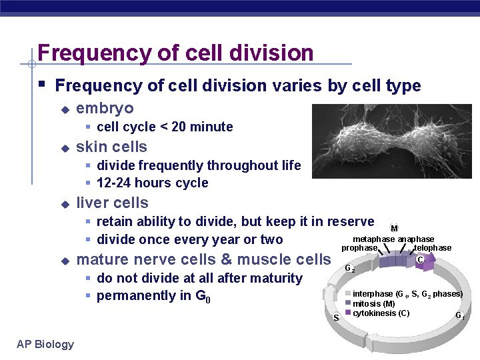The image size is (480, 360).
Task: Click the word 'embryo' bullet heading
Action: click(x=105, y=108)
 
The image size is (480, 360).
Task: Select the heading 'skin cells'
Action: click(x=111, y=147)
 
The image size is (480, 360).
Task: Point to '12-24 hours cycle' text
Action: click(x=152, y=183)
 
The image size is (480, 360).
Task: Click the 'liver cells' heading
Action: click(x=112, y=203)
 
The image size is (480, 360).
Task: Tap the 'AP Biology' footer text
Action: click(x=45, y=344)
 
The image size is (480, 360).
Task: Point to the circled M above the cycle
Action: click(x=394, y=229)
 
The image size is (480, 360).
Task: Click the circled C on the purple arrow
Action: click(x=421, y=259)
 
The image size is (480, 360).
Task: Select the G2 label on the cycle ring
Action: click(x=349, y=269)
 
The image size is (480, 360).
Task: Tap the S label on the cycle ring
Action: click(x=336, y=317)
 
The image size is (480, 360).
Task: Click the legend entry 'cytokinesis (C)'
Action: click(x=381, y=313)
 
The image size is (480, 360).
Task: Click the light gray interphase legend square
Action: click(x=348, y=294)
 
